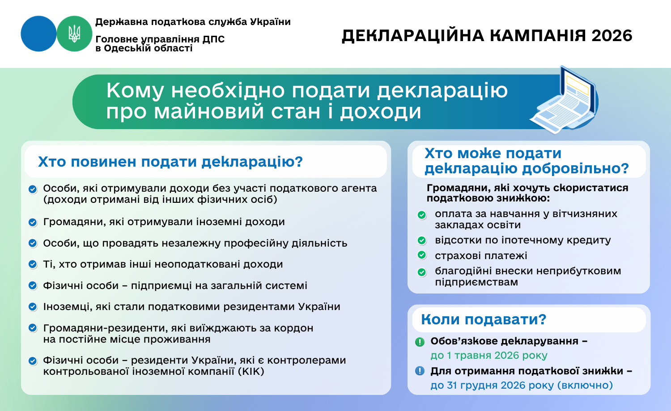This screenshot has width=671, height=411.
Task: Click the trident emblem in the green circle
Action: click(74, 34)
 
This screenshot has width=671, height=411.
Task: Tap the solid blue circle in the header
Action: click(38, 34)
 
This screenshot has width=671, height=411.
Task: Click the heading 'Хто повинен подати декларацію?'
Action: click(170, 162)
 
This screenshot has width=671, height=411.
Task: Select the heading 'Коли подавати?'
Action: click(484, 319)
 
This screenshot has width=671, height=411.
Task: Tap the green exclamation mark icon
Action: click(420, 342)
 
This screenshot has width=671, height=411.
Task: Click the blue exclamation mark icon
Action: click(420, 371)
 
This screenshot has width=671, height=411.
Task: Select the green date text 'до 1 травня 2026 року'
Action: click(489, 356)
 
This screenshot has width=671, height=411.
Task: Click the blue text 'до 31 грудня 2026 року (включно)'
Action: click(522, 385)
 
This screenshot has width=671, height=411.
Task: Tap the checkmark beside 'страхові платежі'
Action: click(421, 255)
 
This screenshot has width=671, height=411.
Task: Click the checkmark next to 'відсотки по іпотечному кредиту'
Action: click(421, 240)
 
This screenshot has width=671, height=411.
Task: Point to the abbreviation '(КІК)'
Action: click(251, 372)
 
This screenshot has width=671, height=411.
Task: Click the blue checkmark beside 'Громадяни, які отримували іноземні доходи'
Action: click(33, 222)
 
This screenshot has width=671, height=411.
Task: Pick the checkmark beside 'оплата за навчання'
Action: click(421, 215)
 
